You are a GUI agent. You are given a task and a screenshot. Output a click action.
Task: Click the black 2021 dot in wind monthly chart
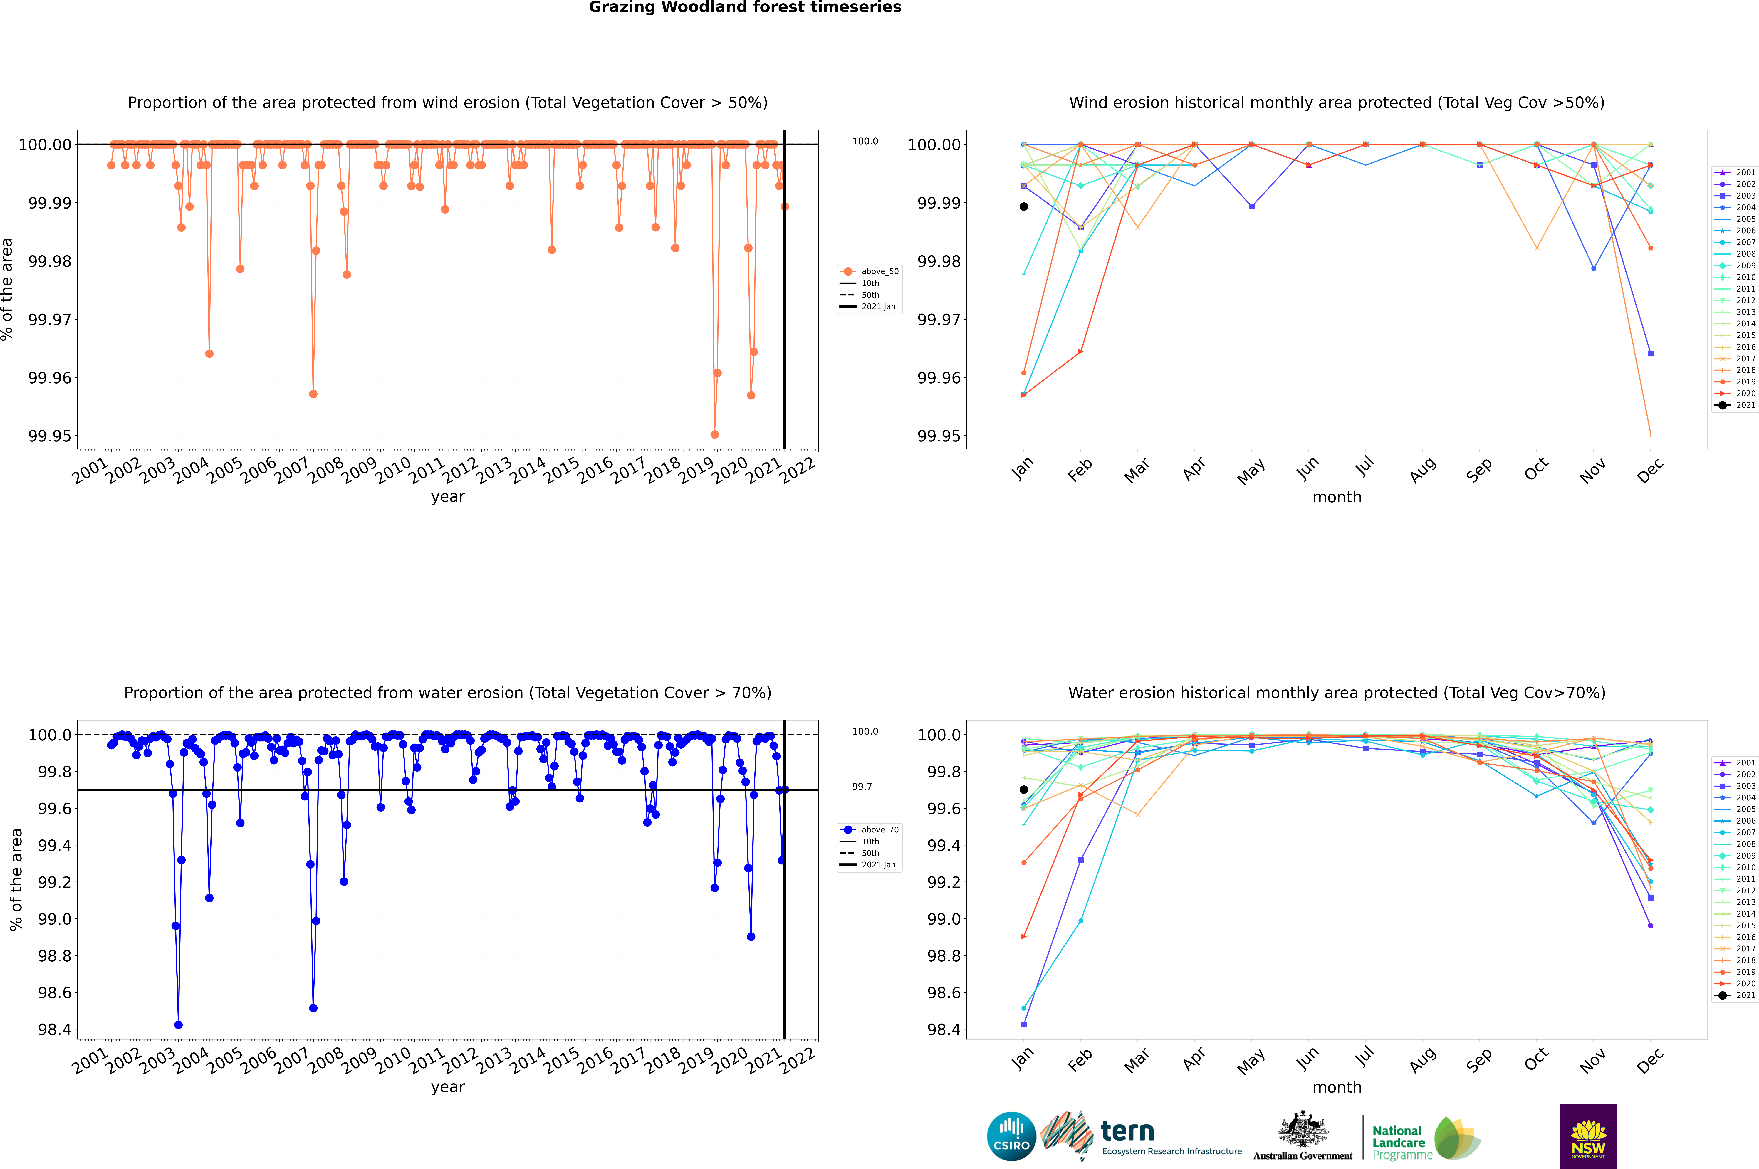1024,206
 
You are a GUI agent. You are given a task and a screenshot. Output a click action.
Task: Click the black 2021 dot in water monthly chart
1024,790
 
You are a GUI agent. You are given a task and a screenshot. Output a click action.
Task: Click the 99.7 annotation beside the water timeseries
862,787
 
